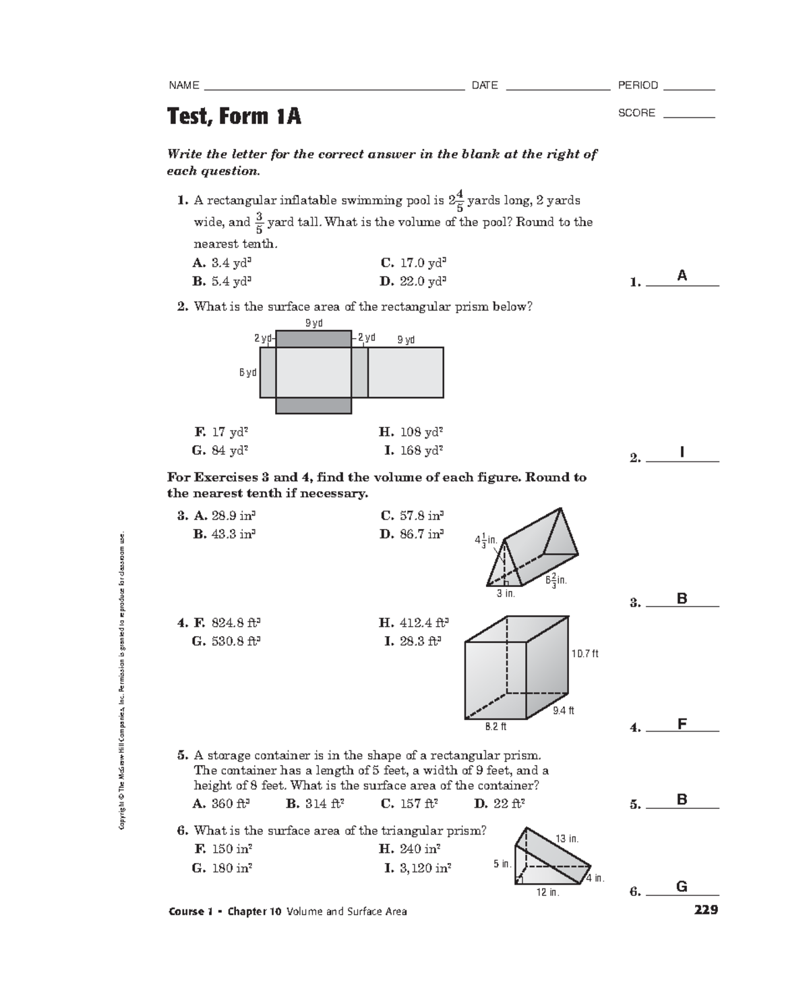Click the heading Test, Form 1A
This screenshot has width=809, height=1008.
tap(233, 117)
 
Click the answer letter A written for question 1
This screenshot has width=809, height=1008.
tap(682, 275)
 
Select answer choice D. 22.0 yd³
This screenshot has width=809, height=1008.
tap(413, 281)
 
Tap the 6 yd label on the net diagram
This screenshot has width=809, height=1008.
tap(247, 372)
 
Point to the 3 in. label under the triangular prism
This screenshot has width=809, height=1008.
tap(506, 594)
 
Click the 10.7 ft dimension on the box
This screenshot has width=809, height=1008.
tap(585, 653)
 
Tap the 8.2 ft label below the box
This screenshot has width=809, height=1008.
tap(496, 727)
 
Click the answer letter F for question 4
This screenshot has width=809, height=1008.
tap(682, 725)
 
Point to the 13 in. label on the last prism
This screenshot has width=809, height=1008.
tap(566, 839)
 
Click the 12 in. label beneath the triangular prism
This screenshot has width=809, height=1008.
tap(547, 893)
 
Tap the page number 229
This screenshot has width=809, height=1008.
tap(706, 910)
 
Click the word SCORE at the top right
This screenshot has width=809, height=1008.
tap(636, 113)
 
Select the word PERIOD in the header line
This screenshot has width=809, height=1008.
tap(638, 85)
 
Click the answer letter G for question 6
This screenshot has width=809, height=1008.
tap(682, 887)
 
